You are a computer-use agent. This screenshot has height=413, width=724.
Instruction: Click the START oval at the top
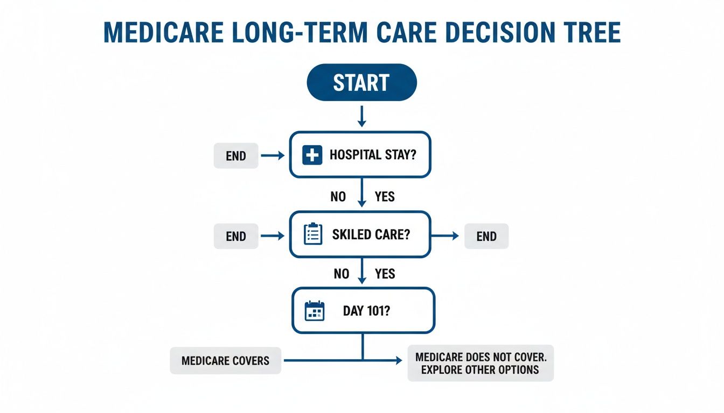coord(361,82)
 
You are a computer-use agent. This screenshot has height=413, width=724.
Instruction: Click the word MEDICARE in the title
coord(164,32)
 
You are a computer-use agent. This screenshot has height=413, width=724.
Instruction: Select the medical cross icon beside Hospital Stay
coord(312,155)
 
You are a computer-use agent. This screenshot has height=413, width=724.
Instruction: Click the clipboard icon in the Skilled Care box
coord(313,233)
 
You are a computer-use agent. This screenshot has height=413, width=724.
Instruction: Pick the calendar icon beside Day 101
coord(315,311)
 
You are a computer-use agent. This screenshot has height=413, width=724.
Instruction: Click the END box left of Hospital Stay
coord(236,155)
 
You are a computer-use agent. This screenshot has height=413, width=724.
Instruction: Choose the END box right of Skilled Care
coord(486,236)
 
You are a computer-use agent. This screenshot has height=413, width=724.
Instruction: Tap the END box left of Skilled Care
coord(236,236)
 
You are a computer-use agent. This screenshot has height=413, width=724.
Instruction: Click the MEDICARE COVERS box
coord(225,360)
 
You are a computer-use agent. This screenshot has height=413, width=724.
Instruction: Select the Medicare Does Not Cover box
coord(481,363)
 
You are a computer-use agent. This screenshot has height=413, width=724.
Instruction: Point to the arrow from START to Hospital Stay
coord(361,116)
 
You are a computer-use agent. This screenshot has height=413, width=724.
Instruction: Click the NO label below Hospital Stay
coord(338,196)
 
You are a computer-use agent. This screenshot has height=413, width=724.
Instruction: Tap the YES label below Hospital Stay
coord(385,196)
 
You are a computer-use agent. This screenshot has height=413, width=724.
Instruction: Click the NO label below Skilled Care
coord(342,274)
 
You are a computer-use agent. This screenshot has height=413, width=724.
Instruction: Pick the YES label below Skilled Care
coord(385,274)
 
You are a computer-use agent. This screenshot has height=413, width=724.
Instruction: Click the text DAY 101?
coord(366,311)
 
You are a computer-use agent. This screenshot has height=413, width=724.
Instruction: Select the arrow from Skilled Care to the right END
coord(445,236)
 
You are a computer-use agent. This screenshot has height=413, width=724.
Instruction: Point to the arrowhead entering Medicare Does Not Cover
coord(399,360)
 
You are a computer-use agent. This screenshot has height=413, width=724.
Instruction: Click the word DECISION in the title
coord(500,32)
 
